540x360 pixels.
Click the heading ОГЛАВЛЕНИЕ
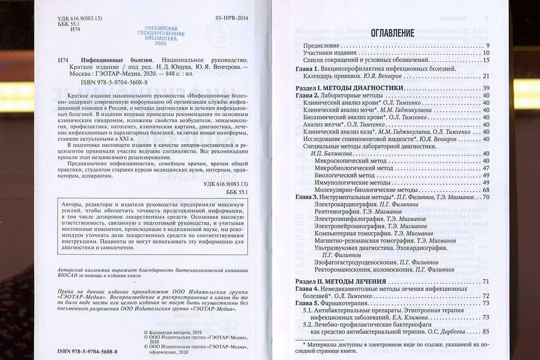click(392, 33)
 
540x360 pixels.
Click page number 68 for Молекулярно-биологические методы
click(486, 190)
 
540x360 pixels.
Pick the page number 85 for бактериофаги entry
click(486, 332)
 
